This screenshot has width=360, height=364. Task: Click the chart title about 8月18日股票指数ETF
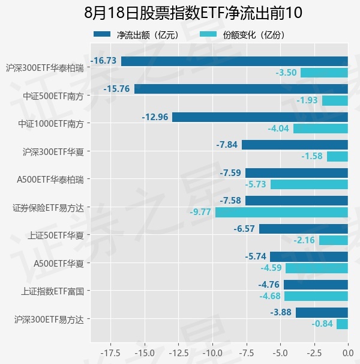193,13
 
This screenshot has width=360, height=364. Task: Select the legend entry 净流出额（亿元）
137,35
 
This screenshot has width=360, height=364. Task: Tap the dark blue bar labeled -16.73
235,61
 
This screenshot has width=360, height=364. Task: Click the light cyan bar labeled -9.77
281,213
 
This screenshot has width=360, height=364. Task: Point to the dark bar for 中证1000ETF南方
260,117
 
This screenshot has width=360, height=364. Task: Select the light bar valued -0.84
342,324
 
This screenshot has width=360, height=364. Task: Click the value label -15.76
116,89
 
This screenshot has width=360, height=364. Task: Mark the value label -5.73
256,184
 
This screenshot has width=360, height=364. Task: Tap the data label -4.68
270,296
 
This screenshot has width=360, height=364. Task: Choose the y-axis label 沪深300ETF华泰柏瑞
45,68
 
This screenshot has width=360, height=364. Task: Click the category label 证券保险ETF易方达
48,208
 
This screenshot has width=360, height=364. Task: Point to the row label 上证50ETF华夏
56,235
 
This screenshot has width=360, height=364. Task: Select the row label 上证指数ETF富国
52,291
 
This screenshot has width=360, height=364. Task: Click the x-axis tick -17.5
110,353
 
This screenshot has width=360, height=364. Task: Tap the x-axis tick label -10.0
213,353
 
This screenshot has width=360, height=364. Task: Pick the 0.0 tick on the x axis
348,353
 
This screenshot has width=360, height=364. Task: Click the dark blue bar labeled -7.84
295,145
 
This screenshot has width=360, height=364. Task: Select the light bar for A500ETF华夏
317,268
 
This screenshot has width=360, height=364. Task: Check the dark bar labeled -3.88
322,312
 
